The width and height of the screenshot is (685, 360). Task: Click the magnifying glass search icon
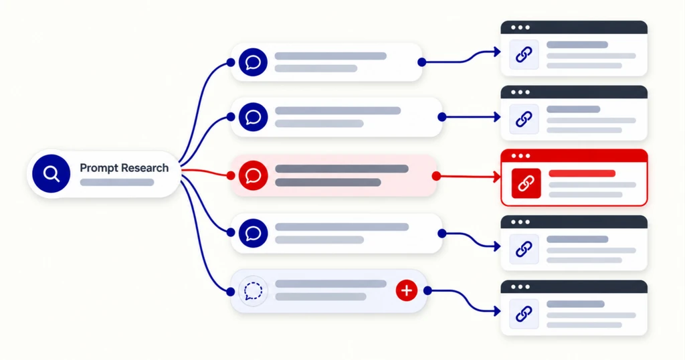[51, 173]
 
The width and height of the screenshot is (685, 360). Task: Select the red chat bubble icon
[253, 175]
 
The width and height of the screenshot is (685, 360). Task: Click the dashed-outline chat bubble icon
[253, 290]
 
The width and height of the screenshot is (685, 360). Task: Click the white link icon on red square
[526, 183]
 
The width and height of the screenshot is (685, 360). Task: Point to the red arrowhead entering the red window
[497, 177]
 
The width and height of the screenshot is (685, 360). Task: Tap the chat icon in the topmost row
[253, 62]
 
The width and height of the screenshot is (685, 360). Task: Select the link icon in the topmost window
[524, 55]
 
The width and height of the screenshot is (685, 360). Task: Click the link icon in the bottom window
[524, 314]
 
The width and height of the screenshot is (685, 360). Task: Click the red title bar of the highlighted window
[574, 155]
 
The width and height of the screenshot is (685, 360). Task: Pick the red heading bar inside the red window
[582, 173]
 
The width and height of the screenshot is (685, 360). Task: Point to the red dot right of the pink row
[436, 176]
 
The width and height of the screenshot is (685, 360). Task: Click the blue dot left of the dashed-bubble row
[231, 291]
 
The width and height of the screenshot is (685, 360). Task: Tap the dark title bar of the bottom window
[574, 286]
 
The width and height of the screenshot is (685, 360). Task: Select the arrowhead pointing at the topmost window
[497, 52]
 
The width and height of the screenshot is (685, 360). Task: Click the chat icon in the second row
[253, 117]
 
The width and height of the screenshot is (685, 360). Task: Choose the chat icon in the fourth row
[253, 234]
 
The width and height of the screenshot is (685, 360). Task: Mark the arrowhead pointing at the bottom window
[497, 311]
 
